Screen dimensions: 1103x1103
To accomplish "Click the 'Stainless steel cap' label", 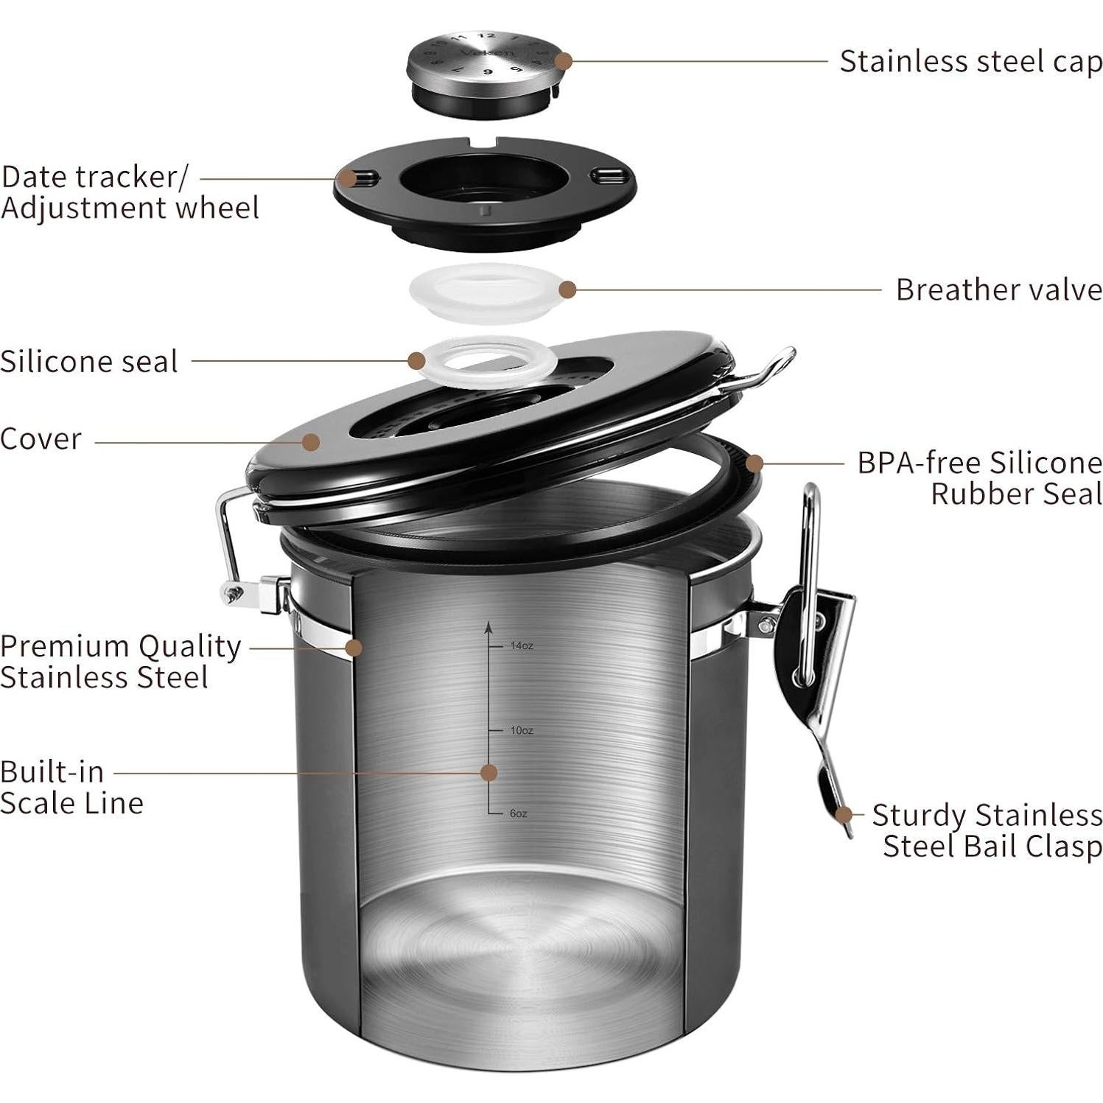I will [x=970, y=61].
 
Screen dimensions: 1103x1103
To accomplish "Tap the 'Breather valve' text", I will [x=998, y=290].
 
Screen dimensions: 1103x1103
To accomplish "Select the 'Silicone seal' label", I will [x=89, y=362].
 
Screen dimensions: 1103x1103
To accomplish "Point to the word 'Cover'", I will [x=41, y=439].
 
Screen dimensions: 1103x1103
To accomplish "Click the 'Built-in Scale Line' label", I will [x=71, y=788].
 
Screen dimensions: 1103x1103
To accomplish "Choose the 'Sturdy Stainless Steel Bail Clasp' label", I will [x=987, y=831].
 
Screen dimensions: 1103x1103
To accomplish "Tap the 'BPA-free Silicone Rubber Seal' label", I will [x=979, y=478].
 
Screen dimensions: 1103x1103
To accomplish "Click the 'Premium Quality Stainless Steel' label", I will [x=120, y=662].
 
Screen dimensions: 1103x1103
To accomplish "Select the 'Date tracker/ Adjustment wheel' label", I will [x=130, y=193].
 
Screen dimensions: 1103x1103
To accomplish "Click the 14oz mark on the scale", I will [x=521, y=646].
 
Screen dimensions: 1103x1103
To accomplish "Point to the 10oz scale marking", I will [x=521, y=731].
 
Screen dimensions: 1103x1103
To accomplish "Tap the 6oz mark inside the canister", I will [x=518, y=813].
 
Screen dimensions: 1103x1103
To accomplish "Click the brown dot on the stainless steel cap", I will [x=564, y=61].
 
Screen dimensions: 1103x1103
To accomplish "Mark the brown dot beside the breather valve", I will [x=567, y=290].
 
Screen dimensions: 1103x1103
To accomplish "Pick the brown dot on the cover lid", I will [x=311, y=442].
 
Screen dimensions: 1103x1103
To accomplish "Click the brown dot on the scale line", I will [x=489, y=773].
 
